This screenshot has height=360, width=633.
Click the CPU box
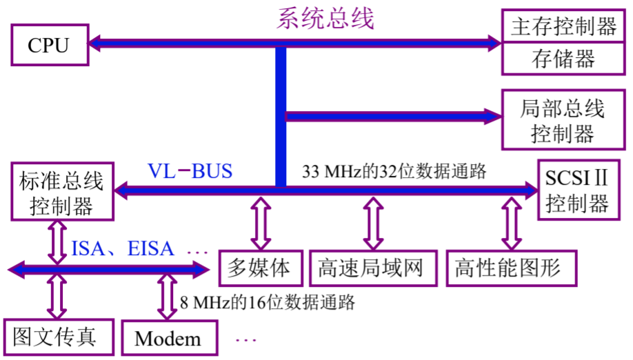[48, 46]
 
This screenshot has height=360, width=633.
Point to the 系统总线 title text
[325, 18]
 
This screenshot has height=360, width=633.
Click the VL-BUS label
[190, 170]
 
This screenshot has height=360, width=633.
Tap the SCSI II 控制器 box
[576, 190]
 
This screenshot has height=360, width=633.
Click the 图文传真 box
[54, 337]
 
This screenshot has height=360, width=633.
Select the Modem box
[168, 338]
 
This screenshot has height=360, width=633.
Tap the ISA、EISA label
[123, 248]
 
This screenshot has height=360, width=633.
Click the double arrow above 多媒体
[260, 223]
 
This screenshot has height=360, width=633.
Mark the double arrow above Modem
[168, 297]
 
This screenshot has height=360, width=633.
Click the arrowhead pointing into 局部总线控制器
[490, 117]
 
